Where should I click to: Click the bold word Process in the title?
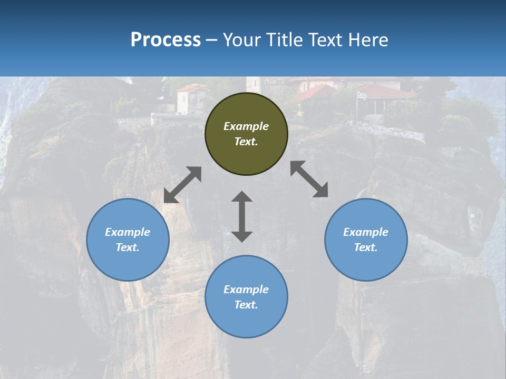[166, 40]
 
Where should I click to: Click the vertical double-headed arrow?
[242, 216]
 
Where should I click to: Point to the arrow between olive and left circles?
[182, 185]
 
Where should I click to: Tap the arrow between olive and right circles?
[309, 179]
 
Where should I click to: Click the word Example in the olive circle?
[246, 126]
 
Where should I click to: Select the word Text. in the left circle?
[128, 247]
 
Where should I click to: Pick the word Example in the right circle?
[366, 232]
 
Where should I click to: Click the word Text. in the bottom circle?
[246, 305]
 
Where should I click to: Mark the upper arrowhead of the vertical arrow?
[242, 198]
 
